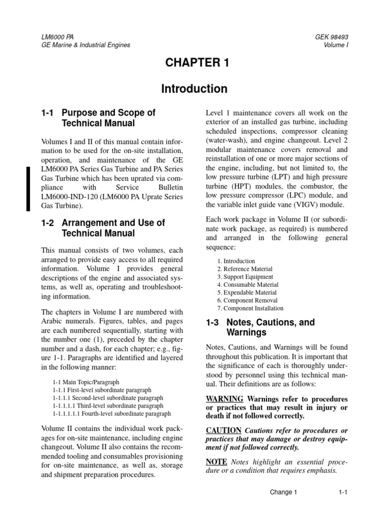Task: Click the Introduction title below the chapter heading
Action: tap(194, 89)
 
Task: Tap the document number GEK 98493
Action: tap(331, 37)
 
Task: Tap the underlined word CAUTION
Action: tap(223, 430)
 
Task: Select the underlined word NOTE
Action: tap(217, 462)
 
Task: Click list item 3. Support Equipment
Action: tap(245, 277)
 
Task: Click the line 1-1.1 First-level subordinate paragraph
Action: tap(102, 390)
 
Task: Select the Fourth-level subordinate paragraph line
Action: tap(111, 414)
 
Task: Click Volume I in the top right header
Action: tap(337, 45)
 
